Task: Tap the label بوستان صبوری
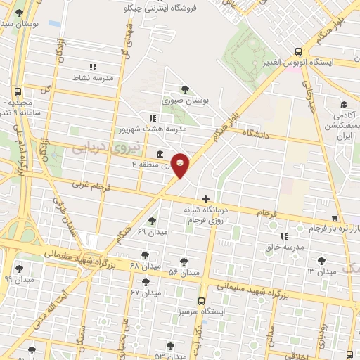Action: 186,101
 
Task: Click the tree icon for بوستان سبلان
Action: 18,13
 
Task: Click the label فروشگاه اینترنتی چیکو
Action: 157,8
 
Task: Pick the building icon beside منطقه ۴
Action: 160,153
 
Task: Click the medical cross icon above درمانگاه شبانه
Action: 205,199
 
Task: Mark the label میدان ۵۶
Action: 184,272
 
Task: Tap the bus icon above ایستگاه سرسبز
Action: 202,300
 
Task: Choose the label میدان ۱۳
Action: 321,271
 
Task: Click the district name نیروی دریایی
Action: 97,146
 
